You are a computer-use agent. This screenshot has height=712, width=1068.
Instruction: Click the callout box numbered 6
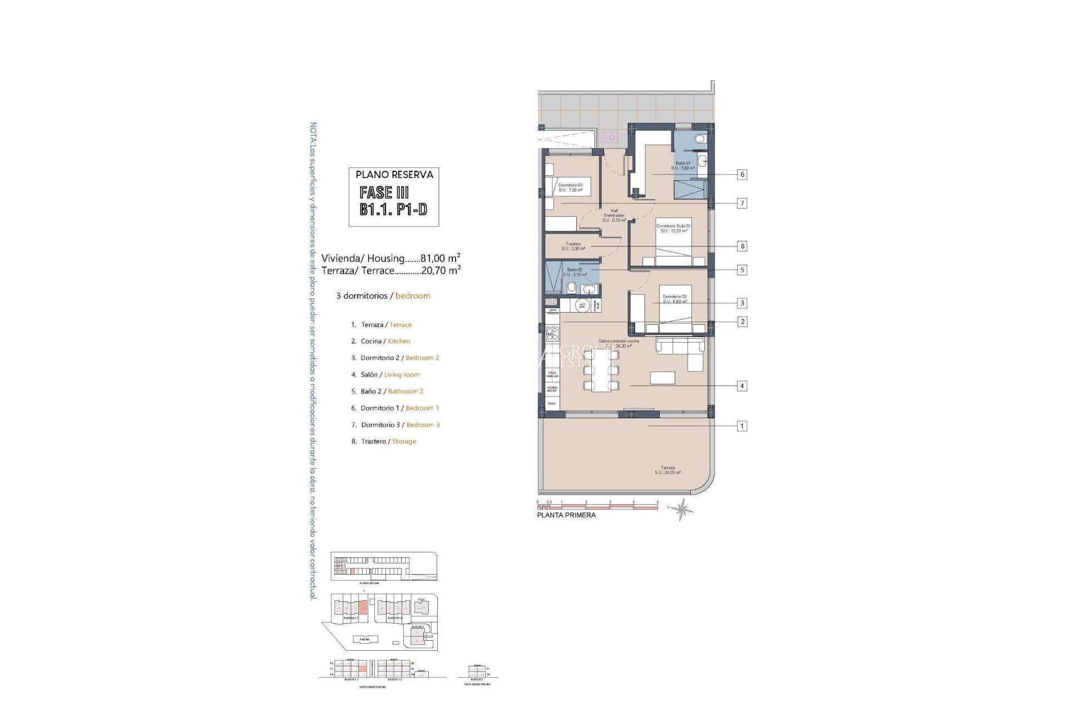click(741, 175)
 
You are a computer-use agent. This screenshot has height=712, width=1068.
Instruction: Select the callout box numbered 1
click(741, 426)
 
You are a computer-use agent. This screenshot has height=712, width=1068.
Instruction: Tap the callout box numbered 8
click(741, 246)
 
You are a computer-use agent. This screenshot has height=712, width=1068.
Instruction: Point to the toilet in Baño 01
click(700, 139)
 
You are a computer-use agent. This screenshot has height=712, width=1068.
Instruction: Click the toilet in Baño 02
click(571, 288)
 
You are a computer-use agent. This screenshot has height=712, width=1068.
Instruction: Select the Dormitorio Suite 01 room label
click(673, 229)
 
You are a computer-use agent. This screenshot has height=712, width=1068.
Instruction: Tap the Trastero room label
click(573, 246)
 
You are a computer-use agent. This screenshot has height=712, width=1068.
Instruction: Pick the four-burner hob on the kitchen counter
click(552, 334)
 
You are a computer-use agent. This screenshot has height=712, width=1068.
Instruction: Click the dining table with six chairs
click(600, 372)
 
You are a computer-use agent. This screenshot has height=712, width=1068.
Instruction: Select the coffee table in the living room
click(662, 378)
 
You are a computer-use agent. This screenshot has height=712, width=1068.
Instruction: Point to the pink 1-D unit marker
click(609, 137)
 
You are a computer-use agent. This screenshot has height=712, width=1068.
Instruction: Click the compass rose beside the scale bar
click(682, 508)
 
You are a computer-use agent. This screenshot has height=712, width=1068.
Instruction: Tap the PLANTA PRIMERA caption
click(566, 515)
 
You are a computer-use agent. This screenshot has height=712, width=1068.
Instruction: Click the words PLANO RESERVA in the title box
click(394, 175)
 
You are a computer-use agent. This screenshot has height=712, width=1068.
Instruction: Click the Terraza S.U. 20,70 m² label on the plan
click(667, 470)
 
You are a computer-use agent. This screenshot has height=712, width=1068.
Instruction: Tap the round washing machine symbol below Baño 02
click(582, 305)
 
